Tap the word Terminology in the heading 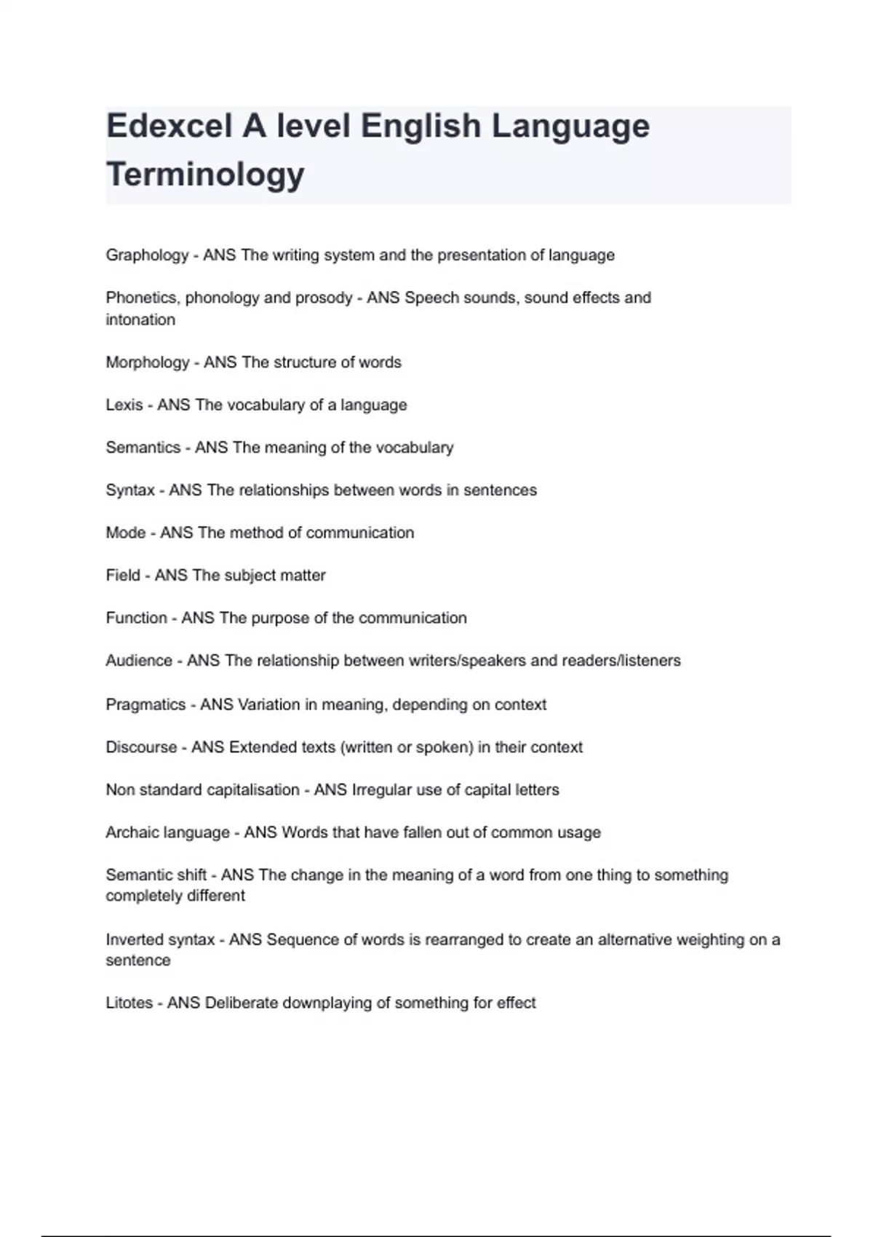[x=205, y=175]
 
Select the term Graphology [x=147, y=255]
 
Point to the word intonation [x=140, y=320]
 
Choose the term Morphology [x=147, y=362]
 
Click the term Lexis [x=124, y=405]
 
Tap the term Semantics [x=143, y=448]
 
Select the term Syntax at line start [x=130, y=490]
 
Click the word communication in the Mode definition [x=360, y=533]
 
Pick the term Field [x=123, y=576]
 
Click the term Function [x=136, y=618]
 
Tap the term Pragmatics [x=145, y=705]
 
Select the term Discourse [x=141, y=747]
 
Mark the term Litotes [x=129, y=1003]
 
